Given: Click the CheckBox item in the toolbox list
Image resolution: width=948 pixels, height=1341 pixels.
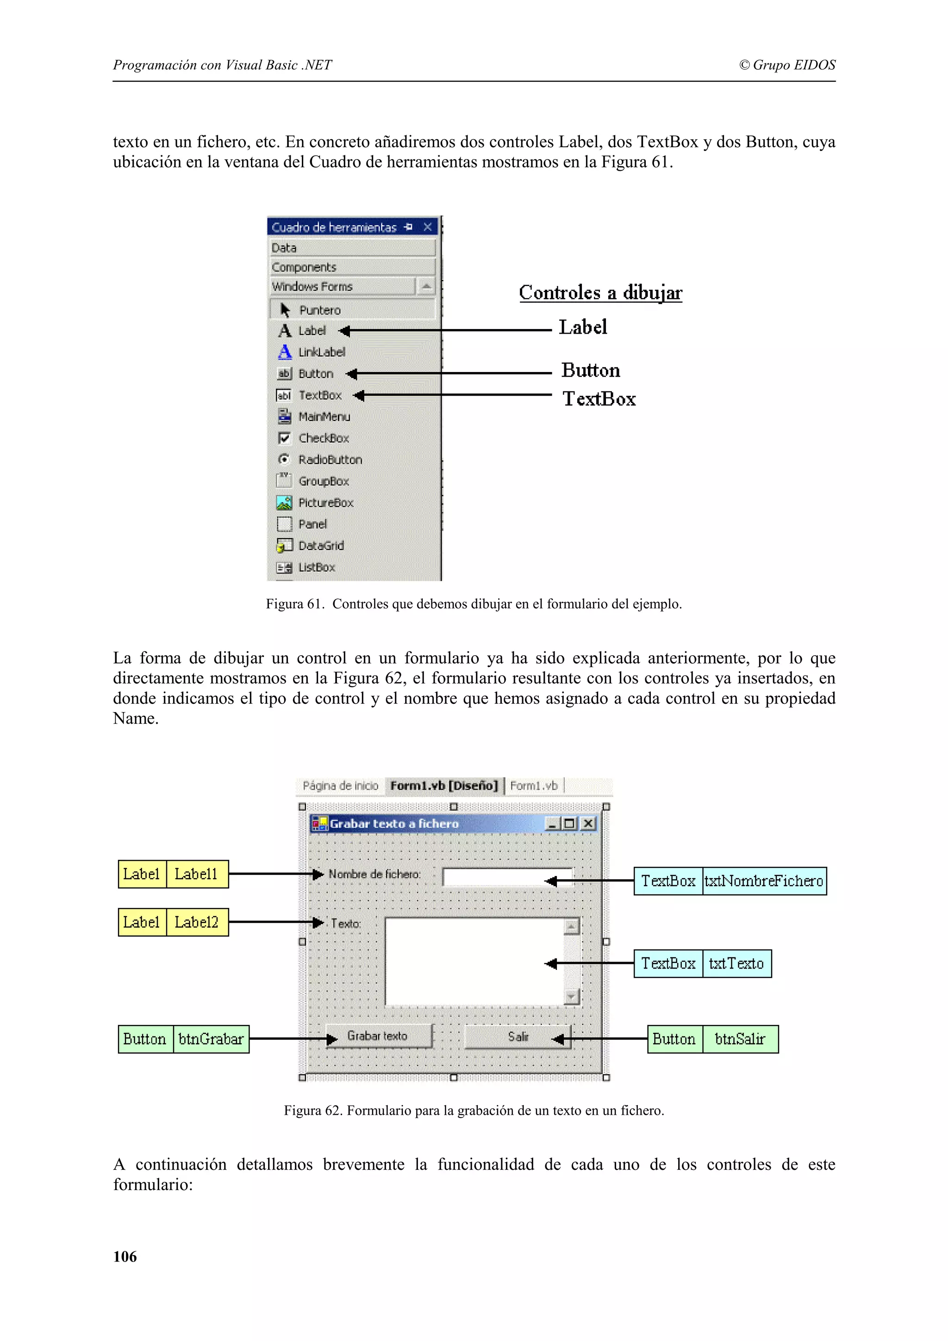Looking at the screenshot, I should pyautogui.click(x=323, y=438).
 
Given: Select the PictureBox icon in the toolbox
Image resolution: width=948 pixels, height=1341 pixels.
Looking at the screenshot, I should pyautogui.click(x=284, y=502).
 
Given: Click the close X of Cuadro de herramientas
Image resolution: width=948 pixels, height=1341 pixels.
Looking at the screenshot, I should pyautogui.click(x=428, y=227).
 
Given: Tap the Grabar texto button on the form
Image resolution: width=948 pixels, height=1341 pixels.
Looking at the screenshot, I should pyautogui.click(x=378, y=1036).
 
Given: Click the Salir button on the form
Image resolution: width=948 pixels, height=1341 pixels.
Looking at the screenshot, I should pyautogui.click(x=517, y=1037).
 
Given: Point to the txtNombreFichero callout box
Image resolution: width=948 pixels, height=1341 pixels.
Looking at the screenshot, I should pyautogui.click(x=763, y=881).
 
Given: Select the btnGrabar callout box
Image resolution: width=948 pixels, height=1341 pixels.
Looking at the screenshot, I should pyautogui.click(x=211, y=1039).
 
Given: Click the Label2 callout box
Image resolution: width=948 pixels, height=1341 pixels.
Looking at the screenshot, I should pyautogui.click(x=196, y=922).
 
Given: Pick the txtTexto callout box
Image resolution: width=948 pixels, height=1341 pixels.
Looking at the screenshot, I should pyautogui.click(x=736, y=964).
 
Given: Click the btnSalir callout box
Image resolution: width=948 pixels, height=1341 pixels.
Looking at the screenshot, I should pyautogui.click(x=740, y=1039).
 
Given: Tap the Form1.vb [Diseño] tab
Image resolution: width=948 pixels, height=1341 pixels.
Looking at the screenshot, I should pyautogui.click(x=444, y=786).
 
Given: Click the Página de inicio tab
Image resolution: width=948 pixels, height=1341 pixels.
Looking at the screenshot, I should pyautogui.click(x=341, y=786).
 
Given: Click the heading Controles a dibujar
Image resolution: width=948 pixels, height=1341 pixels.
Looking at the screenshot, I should pyautogui.click(x=600, y=292).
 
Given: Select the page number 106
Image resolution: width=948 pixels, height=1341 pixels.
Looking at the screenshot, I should pyautogui.click(x=125, y=1256).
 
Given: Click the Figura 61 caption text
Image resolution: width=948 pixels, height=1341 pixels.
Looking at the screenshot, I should pyautogui.click(x=473, y=604).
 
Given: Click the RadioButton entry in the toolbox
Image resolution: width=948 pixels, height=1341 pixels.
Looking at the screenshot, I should pyautogui.click(x=330, y=459).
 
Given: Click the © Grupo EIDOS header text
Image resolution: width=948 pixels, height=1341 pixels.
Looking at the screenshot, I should pyautogui.click(x=787, y=65).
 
